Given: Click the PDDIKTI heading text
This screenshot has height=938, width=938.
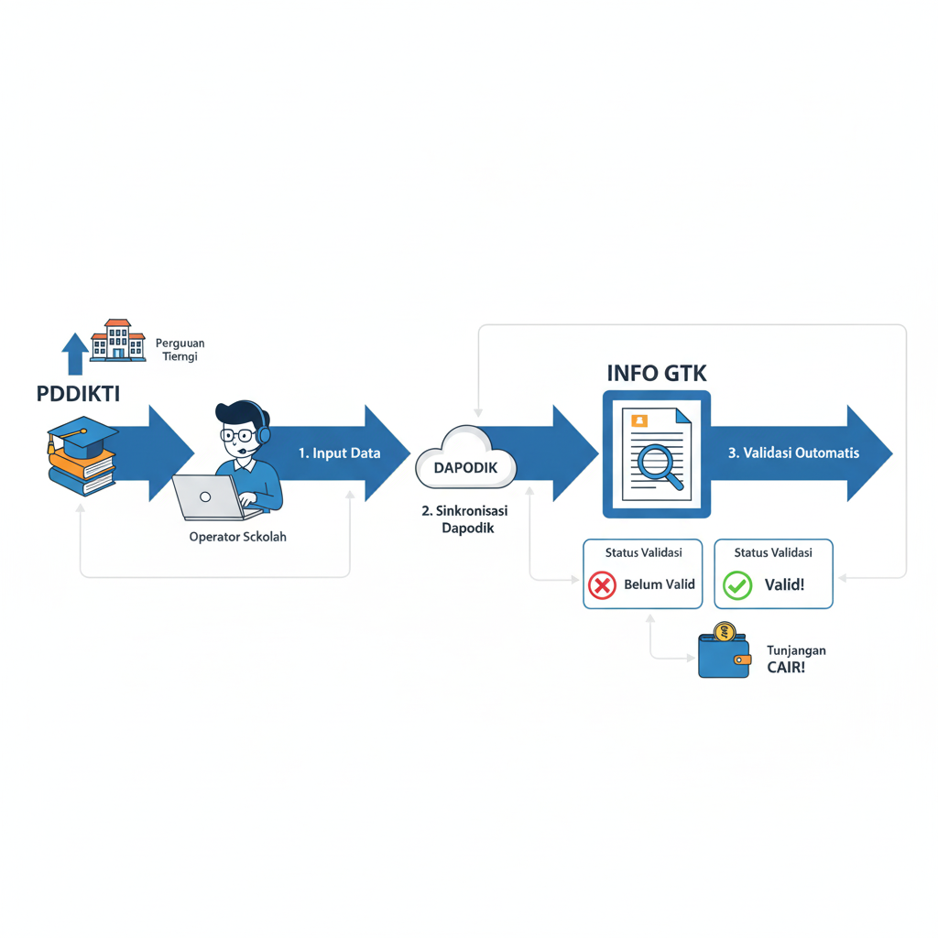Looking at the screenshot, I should (78, 394).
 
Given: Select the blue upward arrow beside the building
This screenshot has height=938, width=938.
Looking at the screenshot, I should (75, 354).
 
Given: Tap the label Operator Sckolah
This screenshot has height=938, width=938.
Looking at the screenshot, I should (237, 537).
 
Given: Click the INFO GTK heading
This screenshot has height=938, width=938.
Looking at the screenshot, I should (657, 374).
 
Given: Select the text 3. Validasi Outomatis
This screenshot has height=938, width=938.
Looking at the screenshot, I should (794, 453).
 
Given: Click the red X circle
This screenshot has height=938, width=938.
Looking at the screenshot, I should (602, 584).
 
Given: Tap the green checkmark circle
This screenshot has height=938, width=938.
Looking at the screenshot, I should (737, 584).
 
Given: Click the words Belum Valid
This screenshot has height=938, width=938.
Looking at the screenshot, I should (660, 584).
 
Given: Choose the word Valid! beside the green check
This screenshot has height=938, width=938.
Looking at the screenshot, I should (784, 584).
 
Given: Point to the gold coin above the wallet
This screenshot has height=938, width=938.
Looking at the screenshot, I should (725, 631).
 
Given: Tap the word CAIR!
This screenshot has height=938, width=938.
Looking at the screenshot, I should (787, 668).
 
